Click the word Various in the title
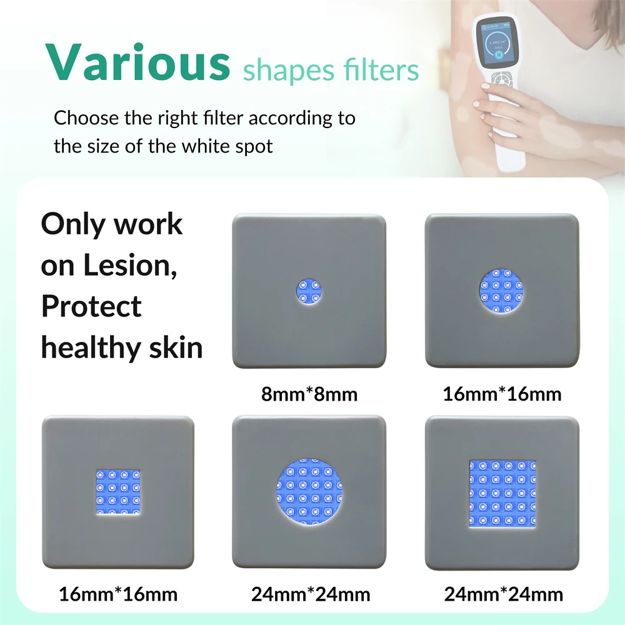(138, 62)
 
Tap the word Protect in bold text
(91, 306)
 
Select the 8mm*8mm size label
(309, 394)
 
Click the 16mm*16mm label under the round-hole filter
(502, 394)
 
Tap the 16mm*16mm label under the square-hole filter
(118, 594)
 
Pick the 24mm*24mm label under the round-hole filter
(311, 594)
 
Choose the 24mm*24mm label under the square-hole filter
(503, 594)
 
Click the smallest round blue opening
(309, 291)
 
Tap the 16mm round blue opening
(501, 291)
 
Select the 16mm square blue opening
(118, 492)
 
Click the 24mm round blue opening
(309, 491)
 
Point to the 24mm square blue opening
(502, 494)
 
